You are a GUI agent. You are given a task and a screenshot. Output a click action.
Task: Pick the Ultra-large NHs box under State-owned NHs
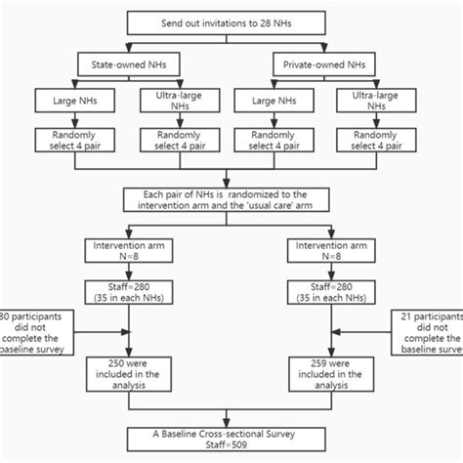tap(175, 101)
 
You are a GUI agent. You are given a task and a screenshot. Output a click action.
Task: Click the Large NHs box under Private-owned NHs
tap(276, 102)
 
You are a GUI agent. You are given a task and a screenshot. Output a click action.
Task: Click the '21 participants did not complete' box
tap(430, 335)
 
